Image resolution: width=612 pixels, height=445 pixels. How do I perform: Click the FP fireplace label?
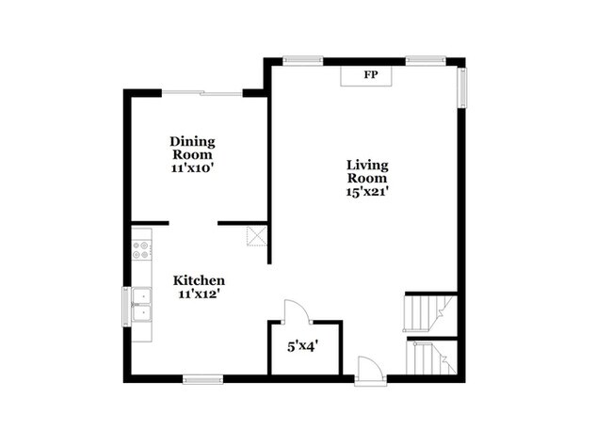[x=371, y=74]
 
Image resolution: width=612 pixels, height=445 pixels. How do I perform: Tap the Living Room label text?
[x=367, y=171]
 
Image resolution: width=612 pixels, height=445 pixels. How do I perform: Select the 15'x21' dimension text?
[x=367, y=191]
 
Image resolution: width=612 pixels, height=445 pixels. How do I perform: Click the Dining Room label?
[x=192, y=148]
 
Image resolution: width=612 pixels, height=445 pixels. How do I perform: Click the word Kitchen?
[x=199, y=280]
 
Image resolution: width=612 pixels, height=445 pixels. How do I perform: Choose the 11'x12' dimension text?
[x=199, y=294]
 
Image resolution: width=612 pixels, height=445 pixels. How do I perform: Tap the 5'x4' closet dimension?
[x=302, y=346]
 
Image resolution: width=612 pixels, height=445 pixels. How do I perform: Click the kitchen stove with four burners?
[x=142, y=249]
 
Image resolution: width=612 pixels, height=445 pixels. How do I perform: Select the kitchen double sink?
[x=142, y=306]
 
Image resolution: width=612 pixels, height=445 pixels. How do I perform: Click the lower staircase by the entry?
[x=432, y=357]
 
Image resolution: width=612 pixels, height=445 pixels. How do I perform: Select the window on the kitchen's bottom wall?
[x=203, y=379]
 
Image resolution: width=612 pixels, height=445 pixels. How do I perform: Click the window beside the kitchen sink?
[x=125, y=306]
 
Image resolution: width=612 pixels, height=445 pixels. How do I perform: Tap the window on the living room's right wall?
[x=461, y=87]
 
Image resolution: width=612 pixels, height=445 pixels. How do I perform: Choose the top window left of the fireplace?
[x=303, y=61]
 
